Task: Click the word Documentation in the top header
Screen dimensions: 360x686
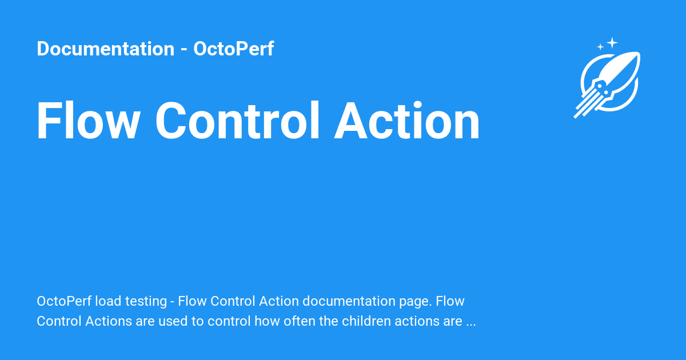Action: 105,49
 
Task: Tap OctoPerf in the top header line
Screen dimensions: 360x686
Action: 233,49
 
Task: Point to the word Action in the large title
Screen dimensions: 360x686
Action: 407,121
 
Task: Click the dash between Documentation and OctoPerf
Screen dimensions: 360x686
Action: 184,50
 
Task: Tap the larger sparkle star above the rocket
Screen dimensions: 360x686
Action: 612,42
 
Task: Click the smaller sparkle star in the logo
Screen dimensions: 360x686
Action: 600,47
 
